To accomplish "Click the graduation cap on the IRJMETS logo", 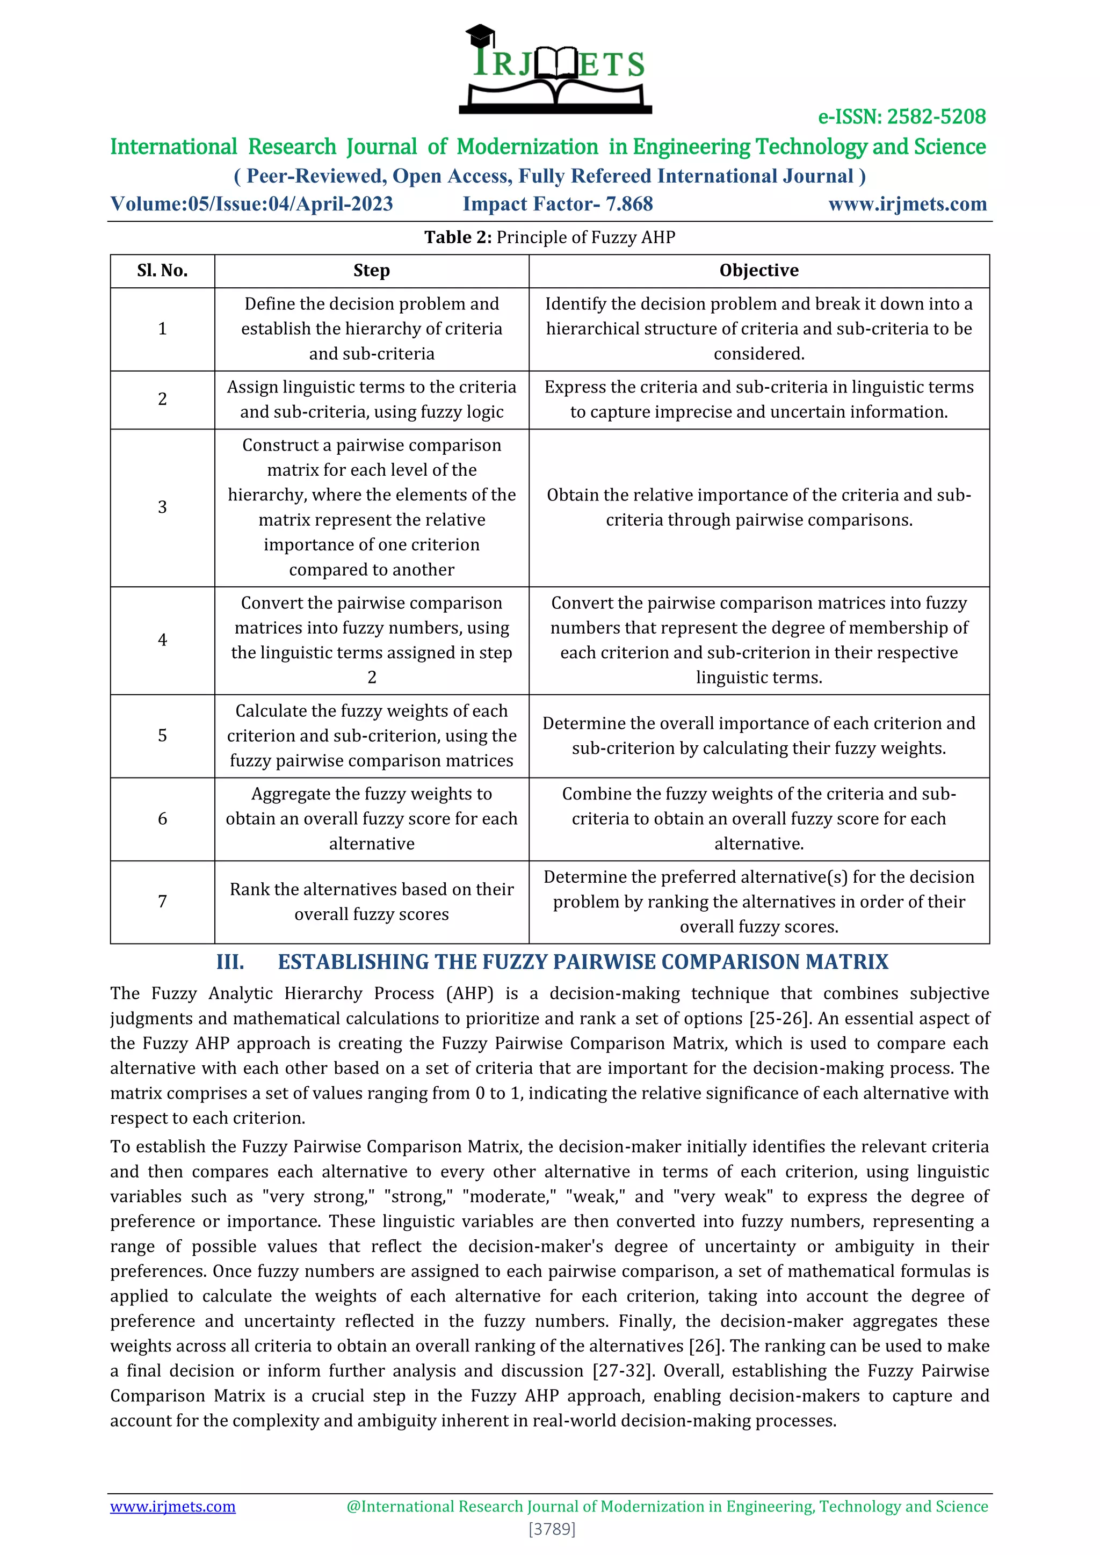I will [480, 36].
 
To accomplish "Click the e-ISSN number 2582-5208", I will [936, 117].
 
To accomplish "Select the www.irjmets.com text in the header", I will [907, 204].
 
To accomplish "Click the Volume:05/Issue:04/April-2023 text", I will [251, 204].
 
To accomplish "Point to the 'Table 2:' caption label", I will [458, 237].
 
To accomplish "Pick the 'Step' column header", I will [371, 270].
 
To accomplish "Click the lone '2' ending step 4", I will [371, 677].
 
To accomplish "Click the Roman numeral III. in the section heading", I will [230, 962].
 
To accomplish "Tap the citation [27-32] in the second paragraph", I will [623, 1371].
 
